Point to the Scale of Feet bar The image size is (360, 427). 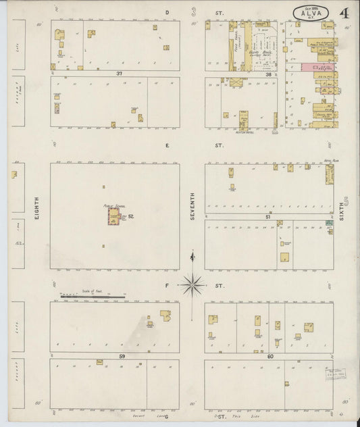point(93,296)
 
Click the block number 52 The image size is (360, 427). point(131,216)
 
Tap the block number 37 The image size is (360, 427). point(120,73)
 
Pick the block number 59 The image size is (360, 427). point(122,356)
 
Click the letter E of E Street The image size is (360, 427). point(166,145)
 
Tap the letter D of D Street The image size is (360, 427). point(166,13)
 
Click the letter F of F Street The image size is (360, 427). point(166,286)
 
